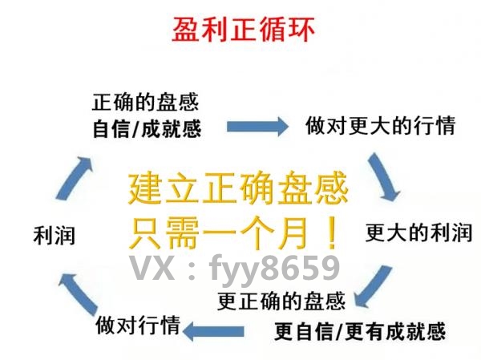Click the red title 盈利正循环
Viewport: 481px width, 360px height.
pyautogui.click(x=243, y=30)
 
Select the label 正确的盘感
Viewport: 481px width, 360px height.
pyautogui.click(x=146, y=102)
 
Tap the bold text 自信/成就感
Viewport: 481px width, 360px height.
pyautogui.click(x=147, y=129)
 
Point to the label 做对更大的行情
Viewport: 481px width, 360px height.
pyautogui.click(x=380, y=125)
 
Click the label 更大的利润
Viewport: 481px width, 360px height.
pyautogui.click(x=418, y=233)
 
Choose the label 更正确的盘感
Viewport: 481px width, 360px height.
pyautogui.click(x=281, y=301)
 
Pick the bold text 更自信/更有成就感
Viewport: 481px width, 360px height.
pyautogui.click(x=360, y=331)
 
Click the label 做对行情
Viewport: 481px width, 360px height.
pyautogui.click(x=138, y=325)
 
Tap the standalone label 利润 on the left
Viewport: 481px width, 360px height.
pyautogui.click(x=55, y=235)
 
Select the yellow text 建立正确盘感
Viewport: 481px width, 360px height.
pyautogui.click(x=238, y=188)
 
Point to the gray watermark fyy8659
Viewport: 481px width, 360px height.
pyautogui.click(x=274, y=269)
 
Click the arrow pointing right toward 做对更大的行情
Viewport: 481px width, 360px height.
pyautogui.click(x=257, y=126)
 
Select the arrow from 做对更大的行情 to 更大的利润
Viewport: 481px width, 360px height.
pyautogui.click(x=383, y=177)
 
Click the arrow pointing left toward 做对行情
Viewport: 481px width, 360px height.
pyautogui.click(x=213, y=331)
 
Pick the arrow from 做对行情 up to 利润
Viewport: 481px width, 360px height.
pyautogui.click(x=78, y=294)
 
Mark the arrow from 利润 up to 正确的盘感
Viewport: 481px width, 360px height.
pyautogui.click(x=75, y=178)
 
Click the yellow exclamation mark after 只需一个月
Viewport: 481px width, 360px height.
pyautogui.click(x=332, y=233)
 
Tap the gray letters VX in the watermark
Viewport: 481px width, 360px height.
pyautogui.click(x=152, y=268)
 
